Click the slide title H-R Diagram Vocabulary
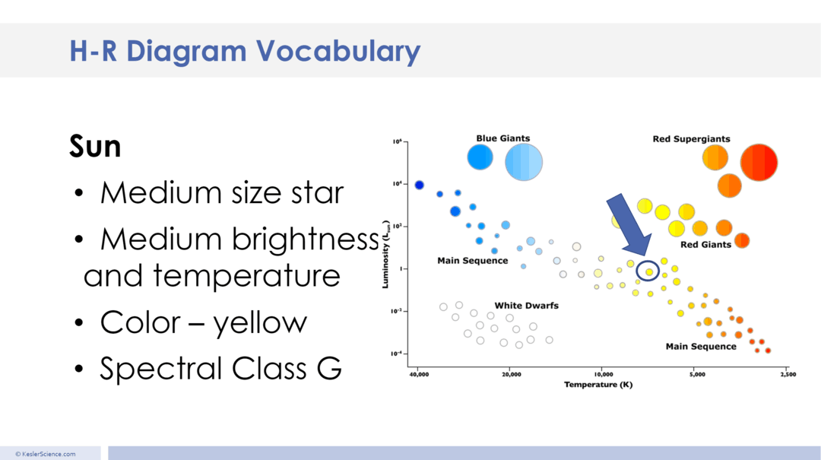pyautogui.click(x=244, y=51)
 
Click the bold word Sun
pyautogui.click(x=95, y=146)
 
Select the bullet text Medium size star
pyautogui.click(x=221, y=193)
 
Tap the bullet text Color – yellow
pyautogui.click(x=203, y=322)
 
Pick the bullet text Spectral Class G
pyautogui.click(x=220, y=369)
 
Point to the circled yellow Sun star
pyautogui.click(x=648, y=271)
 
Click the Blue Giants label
pyautogui.click(x=502, y=138)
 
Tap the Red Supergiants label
pyautogui.click(x=691, y=139)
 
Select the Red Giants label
pyautogui.click(x=705, y=245)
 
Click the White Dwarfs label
pyautogui.click(x=526, y=306)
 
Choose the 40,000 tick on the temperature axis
pyautogui.click(x=418, y=375)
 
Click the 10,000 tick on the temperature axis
pyautogui.click(x=603, y=375)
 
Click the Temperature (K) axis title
pyautogui.click(x=598, y=385)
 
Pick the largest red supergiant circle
pyautogui.click(x=758, y=163)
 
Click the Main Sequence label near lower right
pyautogui.click(x=700, y=346)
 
